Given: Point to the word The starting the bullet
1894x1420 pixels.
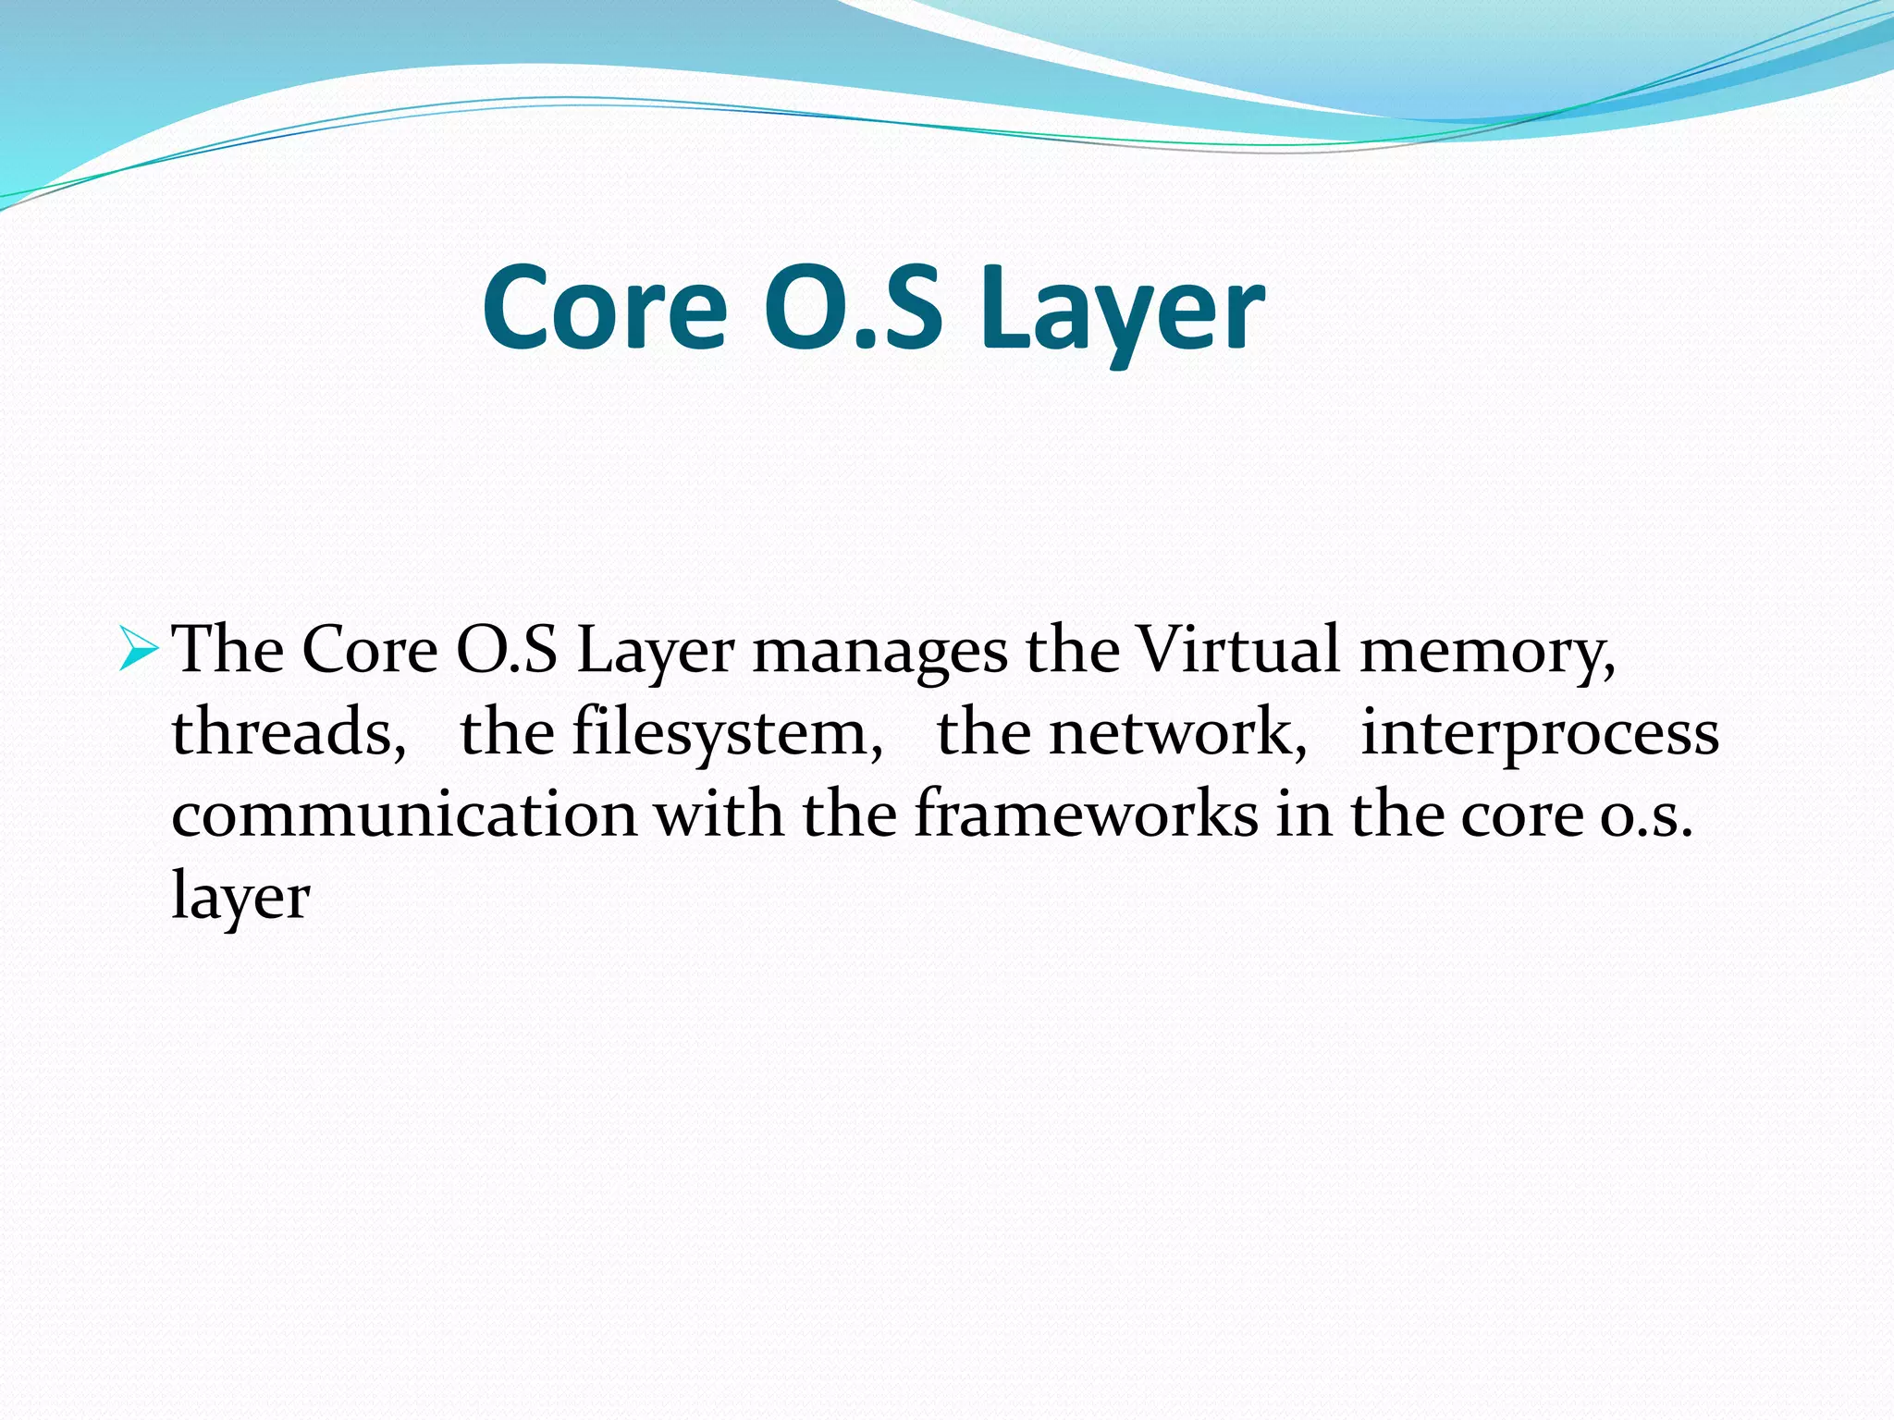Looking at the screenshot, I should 228,649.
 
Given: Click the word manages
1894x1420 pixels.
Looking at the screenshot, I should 879,651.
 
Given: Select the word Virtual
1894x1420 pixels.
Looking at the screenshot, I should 1237,649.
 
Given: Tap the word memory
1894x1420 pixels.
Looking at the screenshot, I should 1487,651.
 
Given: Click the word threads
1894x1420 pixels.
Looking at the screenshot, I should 288,732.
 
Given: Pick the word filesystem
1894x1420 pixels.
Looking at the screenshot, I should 727,732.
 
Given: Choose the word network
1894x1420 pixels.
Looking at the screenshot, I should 1178,732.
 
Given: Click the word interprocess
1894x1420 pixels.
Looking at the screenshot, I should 1539,732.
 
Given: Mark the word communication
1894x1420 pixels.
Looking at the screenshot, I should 404,814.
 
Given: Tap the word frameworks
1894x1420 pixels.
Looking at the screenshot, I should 1086,814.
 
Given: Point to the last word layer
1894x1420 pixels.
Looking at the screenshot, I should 240,898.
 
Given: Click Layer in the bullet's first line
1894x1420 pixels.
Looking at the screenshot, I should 655,651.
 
